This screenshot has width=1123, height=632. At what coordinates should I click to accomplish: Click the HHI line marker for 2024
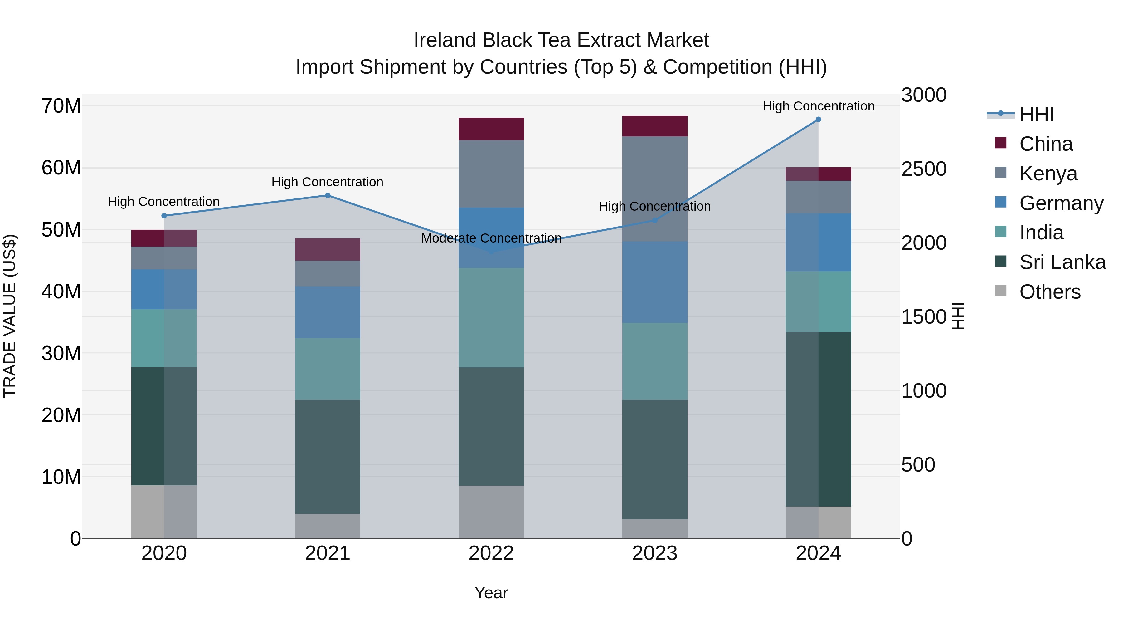tap(818, 120)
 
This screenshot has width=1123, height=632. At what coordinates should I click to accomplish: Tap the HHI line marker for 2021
tap(328, 195)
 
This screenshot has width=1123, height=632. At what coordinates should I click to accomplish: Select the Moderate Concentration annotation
tap(491, 238)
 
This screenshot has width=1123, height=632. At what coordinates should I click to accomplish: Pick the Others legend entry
tap(1050, 292)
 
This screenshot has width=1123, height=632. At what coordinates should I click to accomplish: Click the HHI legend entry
tap(1036, 114)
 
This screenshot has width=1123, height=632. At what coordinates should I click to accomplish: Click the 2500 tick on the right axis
tap(924, 169)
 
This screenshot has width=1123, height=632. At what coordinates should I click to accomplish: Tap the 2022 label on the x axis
tap(491, 553)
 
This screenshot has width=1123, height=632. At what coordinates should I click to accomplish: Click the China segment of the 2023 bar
tap(654, 126)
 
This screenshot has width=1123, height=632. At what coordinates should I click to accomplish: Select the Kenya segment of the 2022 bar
tap(491, 174)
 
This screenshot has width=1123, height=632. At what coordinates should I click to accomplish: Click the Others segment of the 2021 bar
tap(328, 526)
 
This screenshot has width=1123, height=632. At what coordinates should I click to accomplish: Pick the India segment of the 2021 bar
tap(328, 369)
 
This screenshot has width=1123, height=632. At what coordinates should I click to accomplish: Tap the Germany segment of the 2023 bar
tap(654, 282)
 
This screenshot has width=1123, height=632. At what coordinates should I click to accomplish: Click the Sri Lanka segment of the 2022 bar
tap(491, 426)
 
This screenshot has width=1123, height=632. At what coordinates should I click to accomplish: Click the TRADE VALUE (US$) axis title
tap(10, 316)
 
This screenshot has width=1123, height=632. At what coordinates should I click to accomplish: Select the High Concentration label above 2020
tap(163, 202)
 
